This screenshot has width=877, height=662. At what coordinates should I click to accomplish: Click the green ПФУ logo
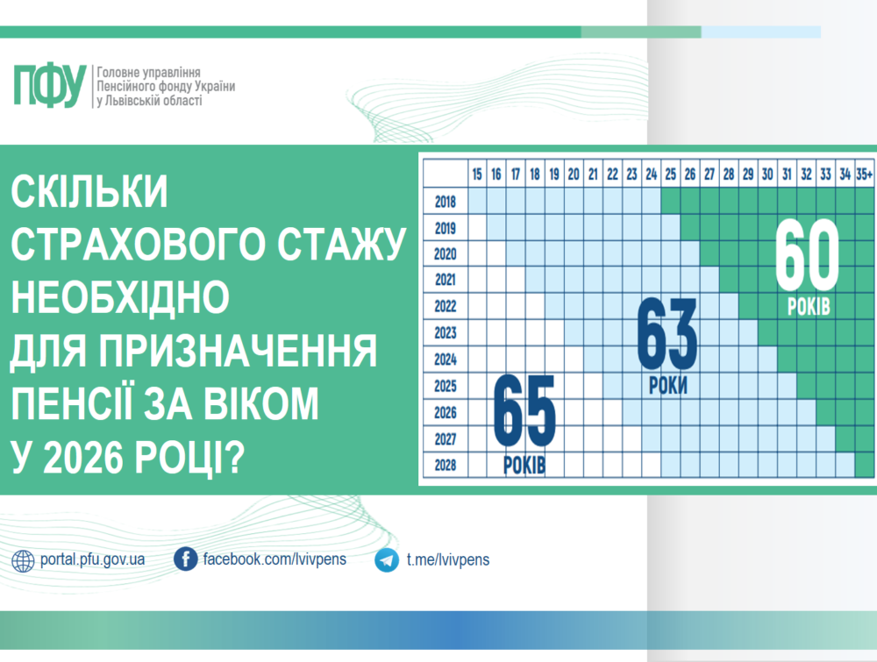tap(50, 85)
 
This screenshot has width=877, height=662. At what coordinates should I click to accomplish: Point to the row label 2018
tap(446, 202)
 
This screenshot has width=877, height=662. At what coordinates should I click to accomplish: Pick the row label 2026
tap(446, 411)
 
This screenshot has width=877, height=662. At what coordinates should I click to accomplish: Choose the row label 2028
tap(446, 464)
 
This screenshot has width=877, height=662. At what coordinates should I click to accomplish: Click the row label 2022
tap(446, 307)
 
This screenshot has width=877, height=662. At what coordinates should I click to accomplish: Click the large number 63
tap(667, 335)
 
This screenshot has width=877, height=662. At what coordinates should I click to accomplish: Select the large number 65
tap(524, 411)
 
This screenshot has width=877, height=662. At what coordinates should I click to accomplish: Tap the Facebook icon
tap(185, 559)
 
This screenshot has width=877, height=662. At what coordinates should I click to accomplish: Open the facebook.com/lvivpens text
tap(275, 559)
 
